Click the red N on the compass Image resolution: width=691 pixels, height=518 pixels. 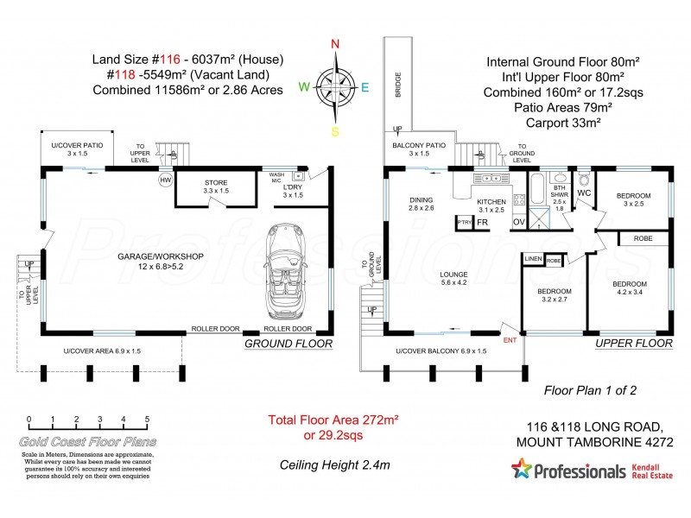pos(335,44)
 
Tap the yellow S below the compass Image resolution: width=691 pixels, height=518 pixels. pos(334,130)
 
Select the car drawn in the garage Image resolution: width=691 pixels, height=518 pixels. pos(284,267)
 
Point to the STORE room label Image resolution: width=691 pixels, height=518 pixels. pos(215,183)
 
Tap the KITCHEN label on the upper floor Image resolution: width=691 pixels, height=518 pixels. pos(491,201)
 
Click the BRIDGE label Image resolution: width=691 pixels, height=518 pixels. pos(398,86)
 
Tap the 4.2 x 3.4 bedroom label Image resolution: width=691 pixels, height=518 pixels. pos(631,289)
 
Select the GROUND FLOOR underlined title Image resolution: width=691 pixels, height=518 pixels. pos(288,344)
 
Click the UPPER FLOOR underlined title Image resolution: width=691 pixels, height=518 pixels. pos(633,344)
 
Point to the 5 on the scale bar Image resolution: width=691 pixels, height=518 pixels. pos(147,420)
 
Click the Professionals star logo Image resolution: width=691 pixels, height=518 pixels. pos(521,470)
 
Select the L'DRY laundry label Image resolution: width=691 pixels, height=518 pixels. pos(294,189)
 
